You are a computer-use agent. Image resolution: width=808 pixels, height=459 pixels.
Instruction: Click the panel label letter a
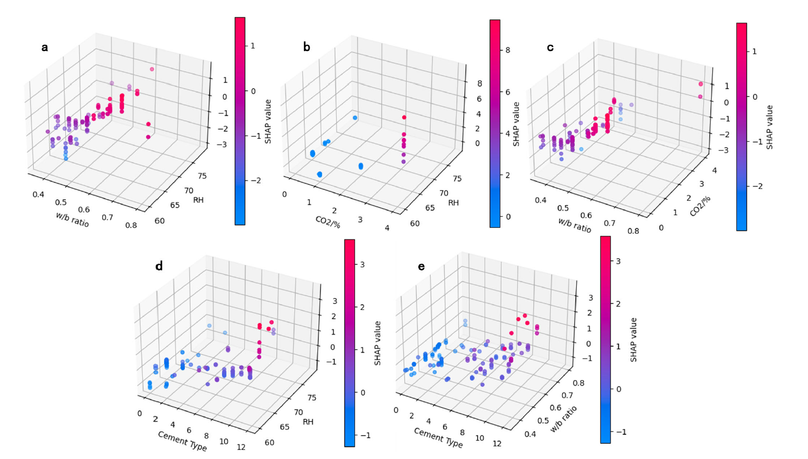click(45, 47)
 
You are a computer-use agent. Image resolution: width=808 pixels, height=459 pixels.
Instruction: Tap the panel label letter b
click(307, 47)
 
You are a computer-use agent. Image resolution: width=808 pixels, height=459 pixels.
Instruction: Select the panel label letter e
click(421, 266)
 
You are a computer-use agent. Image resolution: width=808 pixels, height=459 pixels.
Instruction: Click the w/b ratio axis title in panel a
click(73, 219)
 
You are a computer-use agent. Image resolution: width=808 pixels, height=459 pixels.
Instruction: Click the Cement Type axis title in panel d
click(182, 441)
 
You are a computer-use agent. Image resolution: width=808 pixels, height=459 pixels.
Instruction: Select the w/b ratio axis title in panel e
click(564, 420)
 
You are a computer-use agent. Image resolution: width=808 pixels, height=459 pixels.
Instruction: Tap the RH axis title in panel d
click(308, 422)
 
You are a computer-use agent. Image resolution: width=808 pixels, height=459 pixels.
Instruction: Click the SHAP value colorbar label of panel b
click(516, 124)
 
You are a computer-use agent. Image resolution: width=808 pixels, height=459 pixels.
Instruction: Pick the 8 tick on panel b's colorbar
click(507, 50)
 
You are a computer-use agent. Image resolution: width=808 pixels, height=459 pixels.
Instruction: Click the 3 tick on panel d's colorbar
click(362, 264)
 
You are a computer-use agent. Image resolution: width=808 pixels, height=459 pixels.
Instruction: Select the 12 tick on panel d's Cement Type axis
click(241, 447)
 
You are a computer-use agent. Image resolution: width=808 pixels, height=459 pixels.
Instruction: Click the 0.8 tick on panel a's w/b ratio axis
click(131, 225)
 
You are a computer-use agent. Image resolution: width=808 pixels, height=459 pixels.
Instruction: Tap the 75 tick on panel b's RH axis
click(457, 179)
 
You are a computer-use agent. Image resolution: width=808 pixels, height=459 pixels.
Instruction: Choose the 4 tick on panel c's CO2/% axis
click(714, 171)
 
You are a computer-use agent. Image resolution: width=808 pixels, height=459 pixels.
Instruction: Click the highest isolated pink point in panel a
click(152, 69)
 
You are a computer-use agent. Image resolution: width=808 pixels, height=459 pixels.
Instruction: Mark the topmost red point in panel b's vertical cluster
click(404, 117)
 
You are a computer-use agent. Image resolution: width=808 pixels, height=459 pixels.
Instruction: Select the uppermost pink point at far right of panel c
click(701, 84)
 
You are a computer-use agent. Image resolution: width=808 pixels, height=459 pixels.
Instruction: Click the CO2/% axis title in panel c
click(700, 206)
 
